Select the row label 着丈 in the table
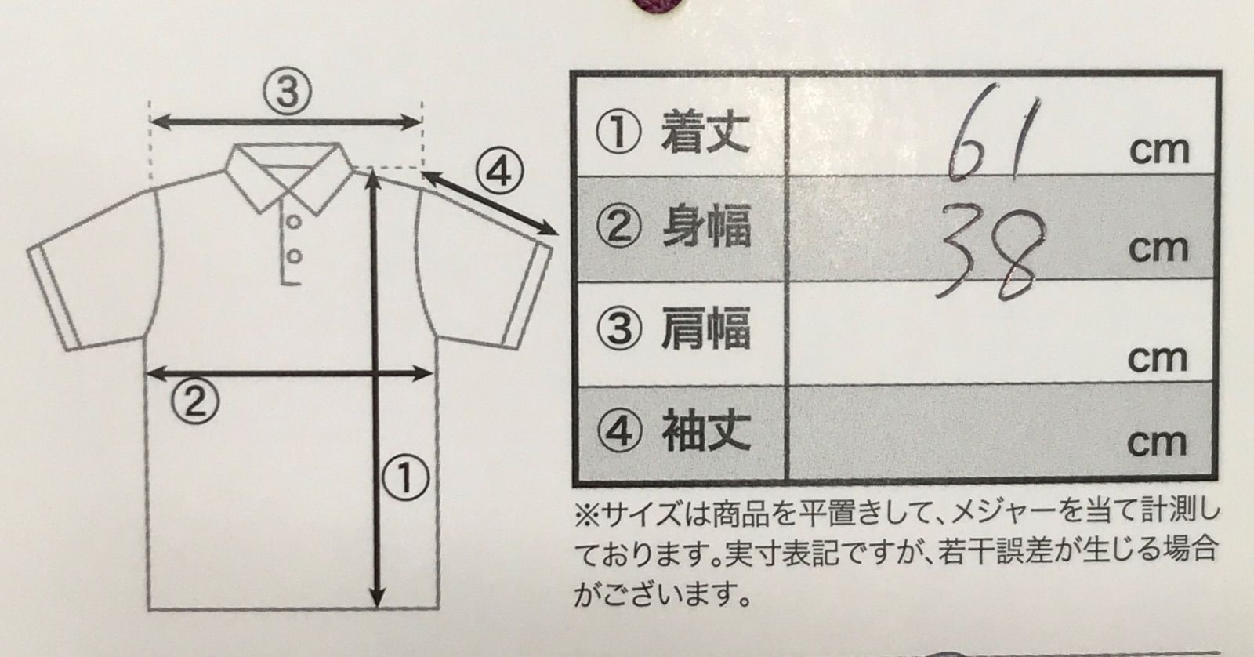705,132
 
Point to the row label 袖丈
705,430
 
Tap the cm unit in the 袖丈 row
1157,442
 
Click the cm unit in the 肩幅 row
1157,358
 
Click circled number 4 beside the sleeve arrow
500,172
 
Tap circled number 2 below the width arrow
195,401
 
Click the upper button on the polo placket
294,222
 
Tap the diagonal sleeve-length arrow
491,203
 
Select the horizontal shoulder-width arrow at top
286,121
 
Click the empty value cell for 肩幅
1002,332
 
